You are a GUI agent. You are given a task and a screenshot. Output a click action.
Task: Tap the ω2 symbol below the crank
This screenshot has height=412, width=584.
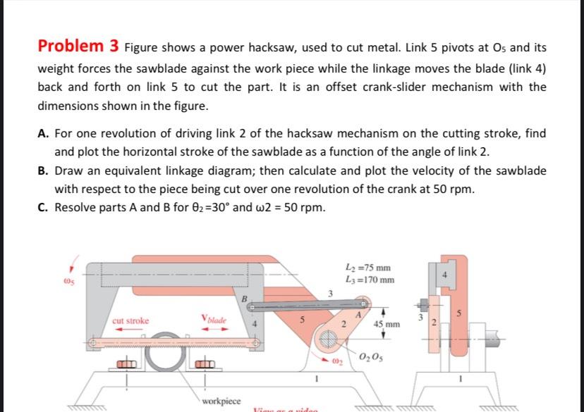tap(336, 361)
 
